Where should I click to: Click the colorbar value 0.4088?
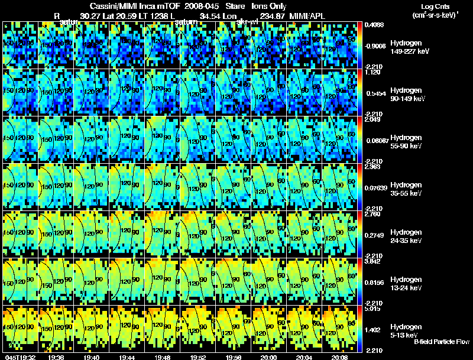click(x=374, y=25)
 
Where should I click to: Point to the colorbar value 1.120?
click(x=372, y=72)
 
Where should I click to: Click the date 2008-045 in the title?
click(x=203, y=5)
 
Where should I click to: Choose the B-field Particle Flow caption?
click(x=442, y=342)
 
